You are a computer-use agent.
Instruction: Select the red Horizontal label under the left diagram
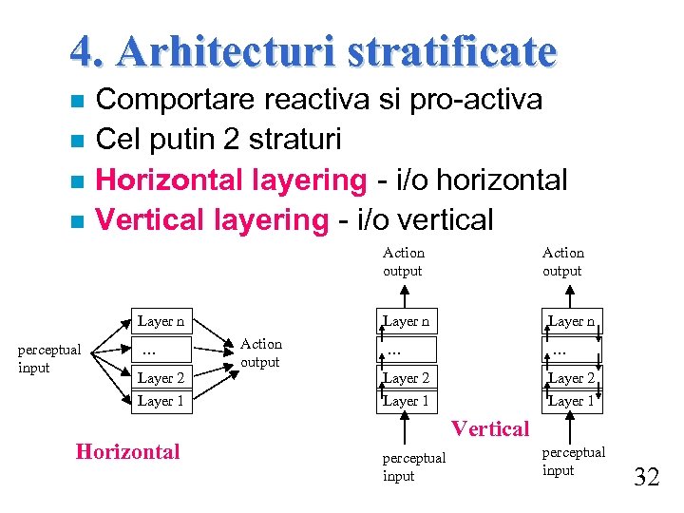(127, 451)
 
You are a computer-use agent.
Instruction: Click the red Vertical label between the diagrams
(490, 428)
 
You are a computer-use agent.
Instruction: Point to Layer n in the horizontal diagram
(161, 322)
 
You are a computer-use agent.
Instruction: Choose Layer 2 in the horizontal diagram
(161, 378)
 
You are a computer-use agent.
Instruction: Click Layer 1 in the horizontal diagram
(161, 401)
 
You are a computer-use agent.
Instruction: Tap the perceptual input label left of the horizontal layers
(49, 358)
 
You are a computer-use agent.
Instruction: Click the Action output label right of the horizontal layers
(261, 352)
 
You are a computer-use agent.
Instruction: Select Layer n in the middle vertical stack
(407, 322)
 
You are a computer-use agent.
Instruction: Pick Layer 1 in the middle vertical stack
(407, 401)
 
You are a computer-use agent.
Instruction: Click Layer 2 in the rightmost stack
(571, 378)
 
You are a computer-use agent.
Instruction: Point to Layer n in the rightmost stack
(571, 322)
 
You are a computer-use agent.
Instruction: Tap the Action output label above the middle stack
(403, 261)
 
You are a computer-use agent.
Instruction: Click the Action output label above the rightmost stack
(562, 261)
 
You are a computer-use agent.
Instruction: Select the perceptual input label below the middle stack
(413, 466)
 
